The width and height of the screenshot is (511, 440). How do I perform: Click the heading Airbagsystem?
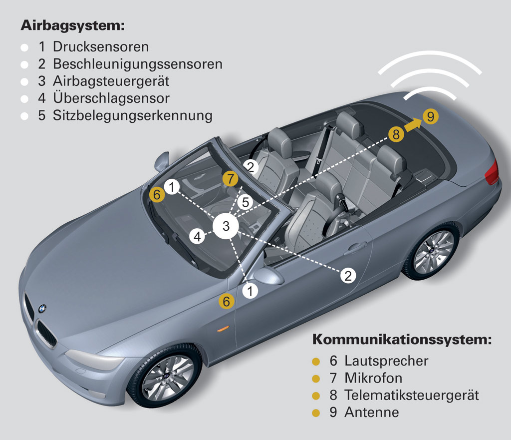coord(73,25)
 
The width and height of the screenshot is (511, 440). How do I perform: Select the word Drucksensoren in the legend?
coord(101,46)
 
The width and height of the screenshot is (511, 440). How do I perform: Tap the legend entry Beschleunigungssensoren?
coord(138,64)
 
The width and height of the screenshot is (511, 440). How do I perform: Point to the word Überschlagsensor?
coord(111,98)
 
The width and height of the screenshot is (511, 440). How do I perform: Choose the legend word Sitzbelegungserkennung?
coord(133,116)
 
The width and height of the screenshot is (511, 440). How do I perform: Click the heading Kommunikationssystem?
coord(402,339)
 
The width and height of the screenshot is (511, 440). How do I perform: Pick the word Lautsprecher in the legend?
coord(386,361)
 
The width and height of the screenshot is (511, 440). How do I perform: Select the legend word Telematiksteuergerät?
coord(412,395)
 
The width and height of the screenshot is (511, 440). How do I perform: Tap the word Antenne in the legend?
coord(371,412)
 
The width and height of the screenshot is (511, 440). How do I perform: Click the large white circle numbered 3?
coord(226,226)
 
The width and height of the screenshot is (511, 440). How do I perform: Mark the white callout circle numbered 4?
coord(198,236)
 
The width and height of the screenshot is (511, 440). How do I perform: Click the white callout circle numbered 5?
coord(246,202)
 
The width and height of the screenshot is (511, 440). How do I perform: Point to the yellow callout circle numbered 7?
coord(231,178)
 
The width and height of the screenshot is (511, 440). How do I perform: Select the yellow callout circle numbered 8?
coord(396,134)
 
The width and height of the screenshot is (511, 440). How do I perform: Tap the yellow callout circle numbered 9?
coord(431,116)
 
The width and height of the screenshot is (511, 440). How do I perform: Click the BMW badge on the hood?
coord(42,308)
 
